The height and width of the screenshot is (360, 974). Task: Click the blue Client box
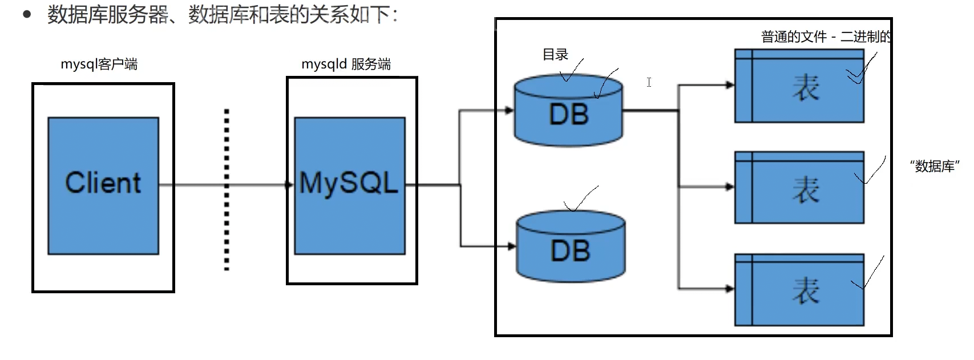tap(103, 185)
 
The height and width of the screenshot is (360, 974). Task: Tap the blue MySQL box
tap(350, 185)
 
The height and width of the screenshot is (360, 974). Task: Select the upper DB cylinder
tap(568, 111)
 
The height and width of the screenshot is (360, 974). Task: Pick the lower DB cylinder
tap(571, 246)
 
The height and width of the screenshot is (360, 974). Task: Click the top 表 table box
tap(799, 86)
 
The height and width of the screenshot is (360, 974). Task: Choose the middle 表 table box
tap(799, 187)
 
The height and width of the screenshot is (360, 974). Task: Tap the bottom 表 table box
tap(799, 290)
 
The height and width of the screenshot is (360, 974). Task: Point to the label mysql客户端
tap(99, 64)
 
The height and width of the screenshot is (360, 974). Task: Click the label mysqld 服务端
tap(346, 64)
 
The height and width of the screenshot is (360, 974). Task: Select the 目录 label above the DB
tap(555, 54)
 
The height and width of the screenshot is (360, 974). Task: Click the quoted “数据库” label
tap(935, 165)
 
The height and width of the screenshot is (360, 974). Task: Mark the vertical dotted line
tap(227, 189)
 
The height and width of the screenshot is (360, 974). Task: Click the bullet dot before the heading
tap(27, 14)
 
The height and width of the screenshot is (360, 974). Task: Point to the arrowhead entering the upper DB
tap(509, 111)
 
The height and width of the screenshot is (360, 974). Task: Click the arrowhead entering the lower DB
tap(511, 246)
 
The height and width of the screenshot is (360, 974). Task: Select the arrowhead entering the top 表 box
tap(730, 85)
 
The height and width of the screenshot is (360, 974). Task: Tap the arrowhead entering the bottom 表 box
tap(730, 289)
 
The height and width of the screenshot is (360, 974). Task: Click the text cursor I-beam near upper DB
tap(649, 82)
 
